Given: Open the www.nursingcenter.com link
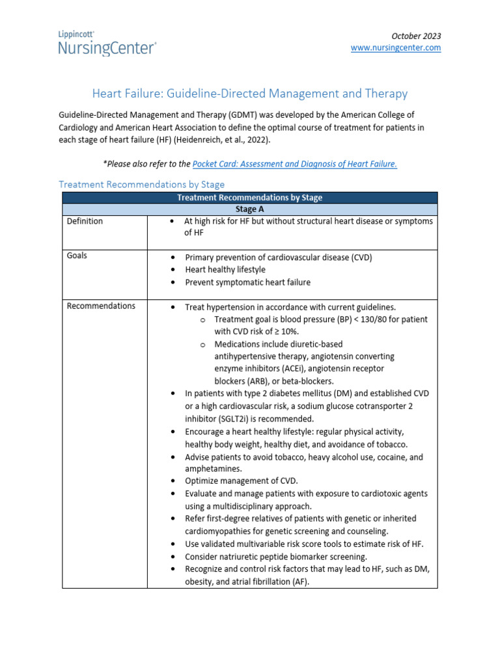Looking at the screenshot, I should (x=396, y=48).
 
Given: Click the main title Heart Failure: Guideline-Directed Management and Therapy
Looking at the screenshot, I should (x=249, y=94).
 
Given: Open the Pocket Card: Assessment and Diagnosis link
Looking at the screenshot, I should (x=295, y=164).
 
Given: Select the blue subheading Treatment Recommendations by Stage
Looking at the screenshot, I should (x=142, y=185).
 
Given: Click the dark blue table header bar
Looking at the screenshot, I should (x=250, y=198).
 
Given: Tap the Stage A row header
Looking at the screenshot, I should (x=250, y=209).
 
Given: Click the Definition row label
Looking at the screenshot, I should (x=85, y=221).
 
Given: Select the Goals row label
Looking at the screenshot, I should (x=77, y=256).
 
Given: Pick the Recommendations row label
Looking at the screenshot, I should (x=101, y=306).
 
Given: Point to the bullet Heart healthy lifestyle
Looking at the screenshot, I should (x=225, y=269).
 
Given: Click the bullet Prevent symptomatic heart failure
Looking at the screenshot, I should (x=247, y=282).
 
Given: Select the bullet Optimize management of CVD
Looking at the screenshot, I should (x=241, y=481).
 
